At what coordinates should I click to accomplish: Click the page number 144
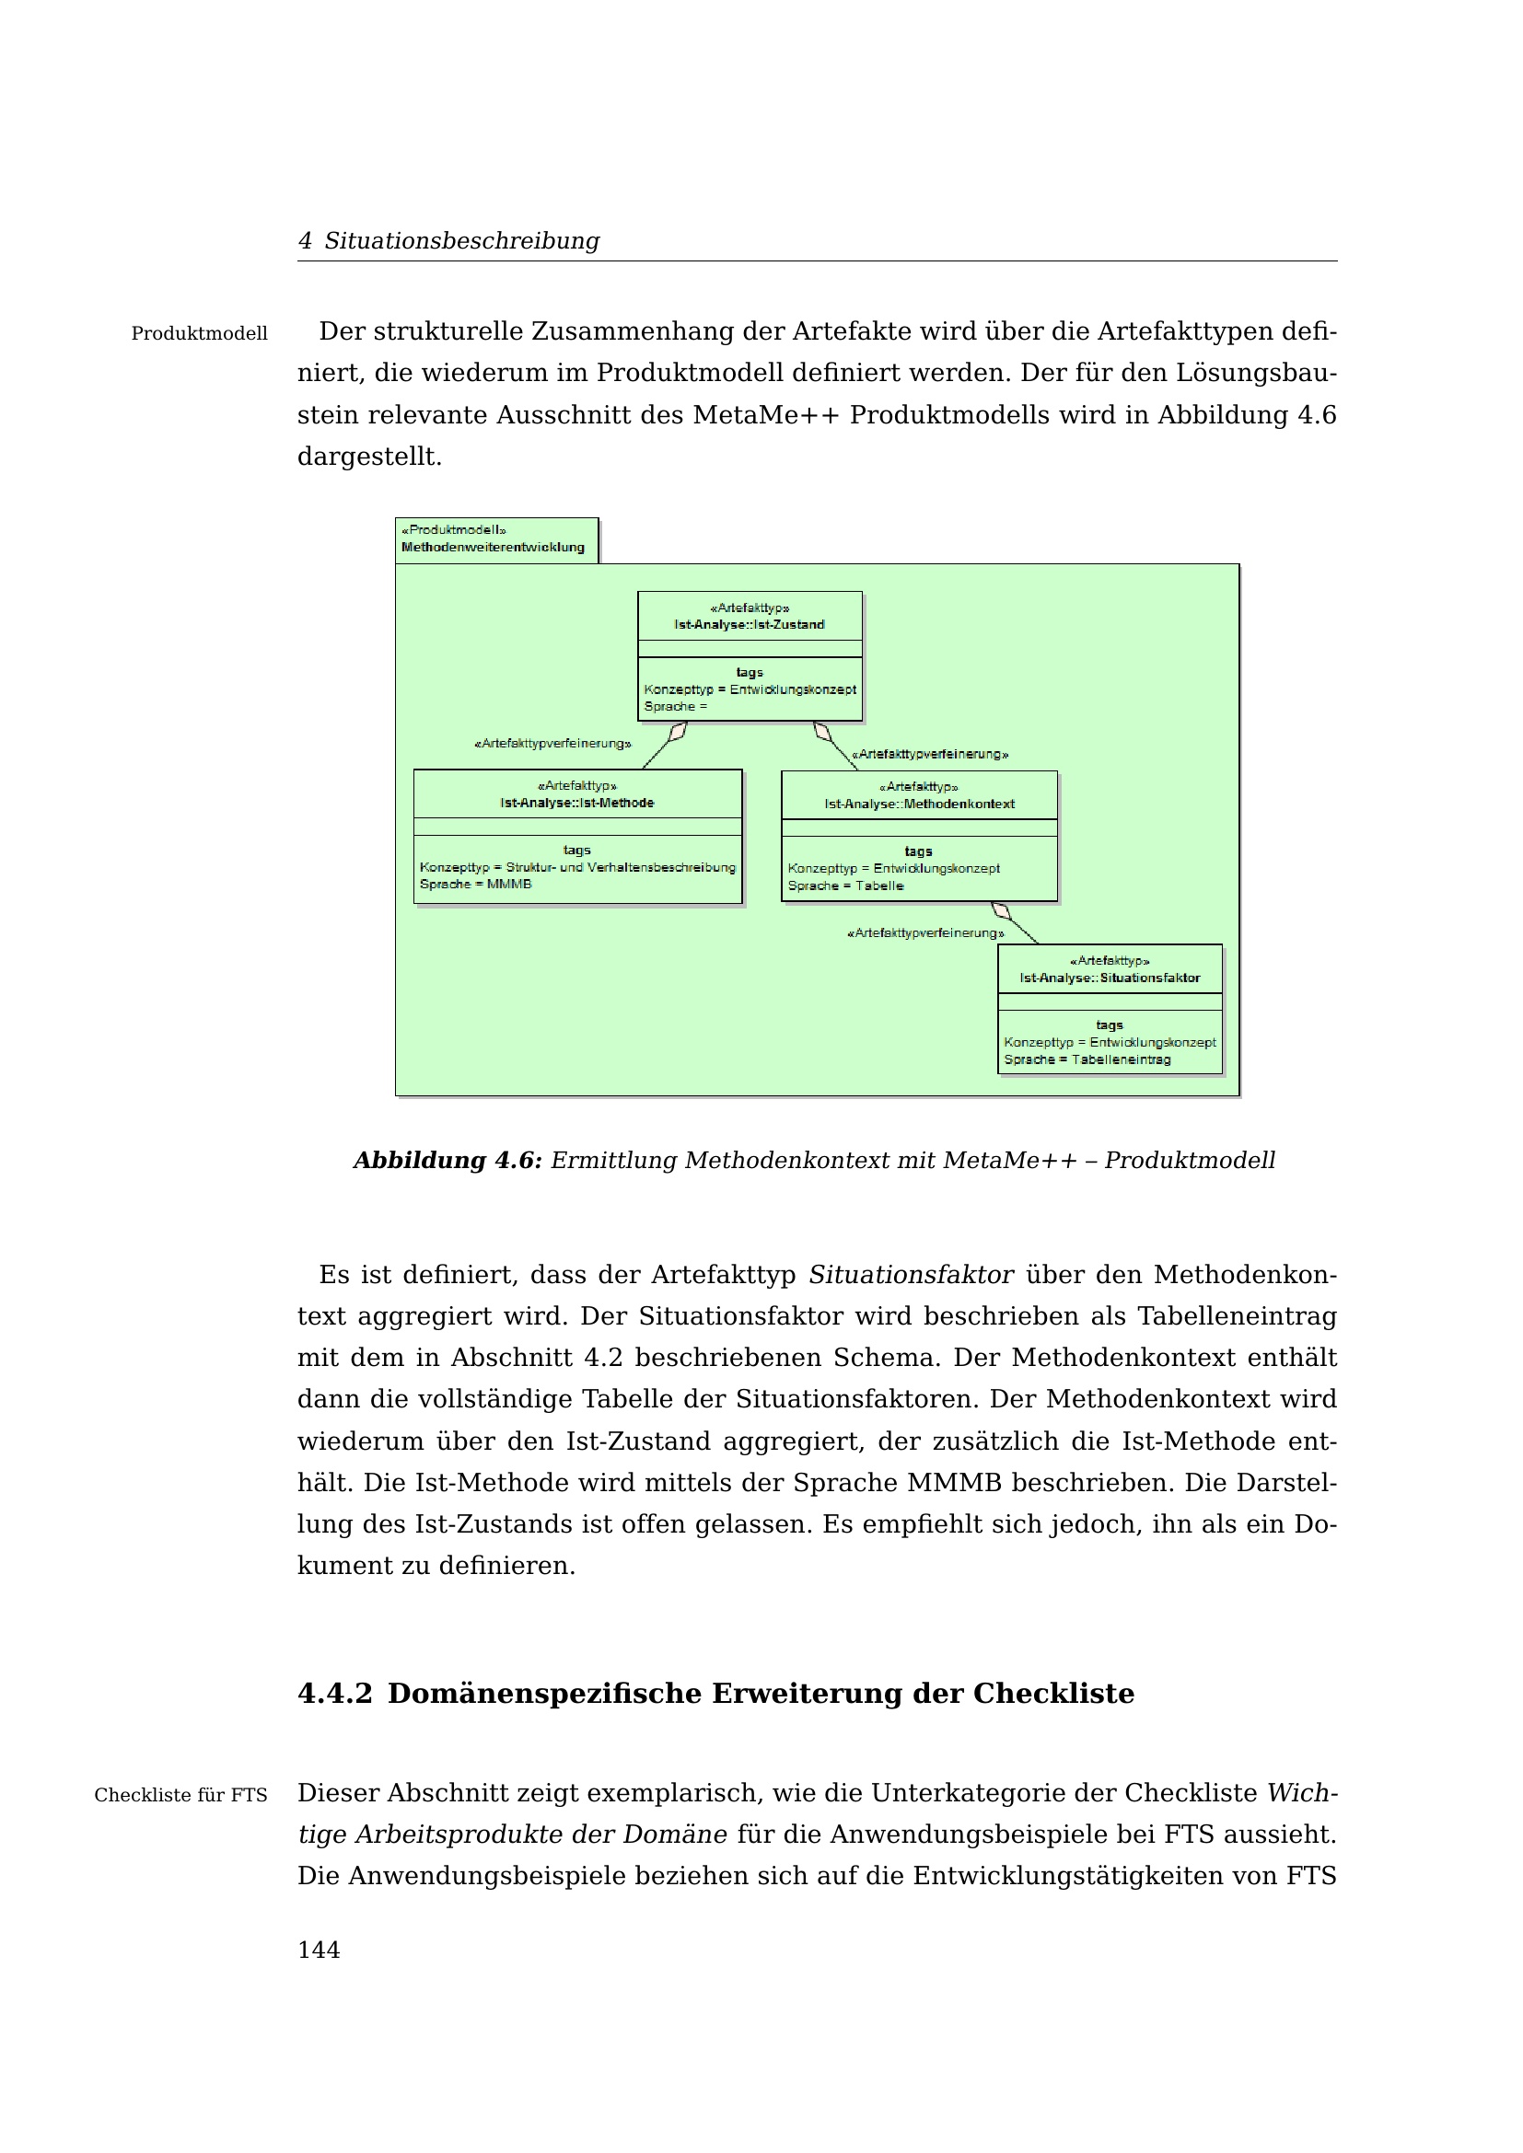click(x=318, y=1950)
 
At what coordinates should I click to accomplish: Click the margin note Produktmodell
click(x=199, y=334)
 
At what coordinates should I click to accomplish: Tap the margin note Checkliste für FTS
click(x=180, y=1795)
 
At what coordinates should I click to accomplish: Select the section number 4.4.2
click(x=335, y=1694)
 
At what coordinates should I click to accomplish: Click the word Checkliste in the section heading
click(x=1053, y=1694)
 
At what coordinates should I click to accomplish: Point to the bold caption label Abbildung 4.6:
click(x=448, y=1161)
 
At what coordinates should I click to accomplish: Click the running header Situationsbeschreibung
click(x=461, y=241)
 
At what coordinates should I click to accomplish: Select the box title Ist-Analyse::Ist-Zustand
click(x=750, y=624)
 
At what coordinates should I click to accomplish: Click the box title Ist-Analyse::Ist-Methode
click(x=576, y=803)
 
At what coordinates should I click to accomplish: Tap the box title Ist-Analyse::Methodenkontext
click(x=919, y=804)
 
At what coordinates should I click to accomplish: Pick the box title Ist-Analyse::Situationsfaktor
click(x=1110, y=978)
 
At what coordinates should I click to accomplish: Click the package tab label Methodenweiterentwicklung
click(x=493, y=548)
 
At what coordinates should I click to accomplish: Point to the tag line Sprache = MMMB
click(x=475, y=885)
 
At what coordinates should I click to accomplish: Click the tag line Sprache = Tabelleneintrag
click(x=1087, y=1059)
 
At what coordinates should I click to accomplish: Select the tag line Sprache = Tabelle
click(x=845, y=886)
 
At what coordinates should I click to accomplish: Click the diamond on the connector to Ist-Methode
click(x=678, y=732)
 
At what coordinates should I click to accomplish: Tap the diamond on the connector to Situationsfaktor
click(x=1002, y=910)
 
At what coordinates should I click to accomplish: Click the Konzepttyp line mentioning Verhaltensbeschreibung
click(x=577, y=867)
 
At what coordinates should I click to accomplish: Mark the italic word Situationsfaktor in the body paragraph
click(x=911, y=1275)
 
